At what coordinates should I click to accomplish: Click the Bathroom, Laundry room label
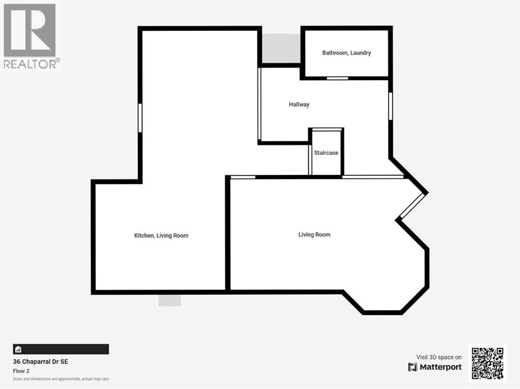click(x=346, y=53)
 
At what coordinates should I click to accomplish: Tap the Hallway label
click(x=299, y=104)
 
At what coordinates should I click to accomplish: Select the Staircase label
click(x=326, y=153)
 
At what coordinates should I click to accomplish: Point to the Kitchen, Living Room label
click(x=161, y=235)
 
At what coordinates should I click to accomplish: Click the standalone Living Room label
click(x=314, y=234)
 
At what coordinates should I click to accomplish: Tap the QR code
click(x=487, y=363)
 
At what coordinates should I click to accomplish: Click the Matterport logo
click(x=435, y=367)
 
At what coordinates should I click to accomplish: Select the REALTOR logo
click(x=30, y=36)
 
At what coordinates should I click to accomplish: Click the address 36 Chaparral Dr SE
click(x=40, y=362)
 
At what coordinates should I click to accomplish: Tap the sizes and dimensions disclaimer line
click(x=61, y=379)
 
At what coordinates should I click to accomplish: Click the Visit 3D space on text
click(x=439, y=357)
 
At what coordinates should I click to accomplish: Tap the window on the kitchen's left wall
click(x=140, y=118)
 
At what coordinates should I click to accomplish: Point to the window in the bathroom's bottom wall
click(x=337, y=78)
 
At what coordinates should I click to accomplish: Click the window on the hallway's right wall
click(x=391, y=105)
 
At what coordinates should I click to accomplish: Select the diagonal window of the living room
click(x=411, y=206)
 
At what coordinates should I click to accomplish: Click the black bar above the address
click(x=61, y=349)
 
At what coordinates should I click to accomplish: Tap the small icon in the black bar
click(x=18, y=349)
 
